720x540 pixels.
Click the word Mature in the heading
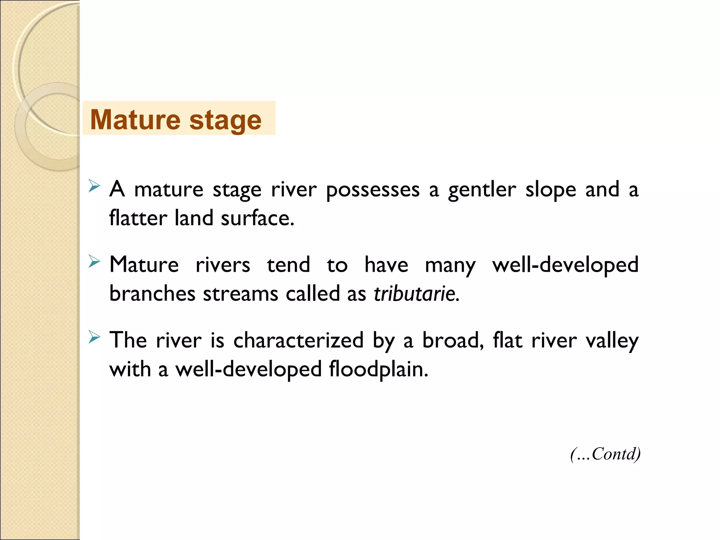click(135, 120)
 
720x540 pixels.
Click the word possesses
click(373, 190)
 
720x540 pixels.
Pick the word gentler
click(482, 190)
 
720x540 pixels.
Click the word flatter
click(138, 218)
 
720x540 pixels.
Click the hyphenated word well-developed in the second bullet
click(565, 265)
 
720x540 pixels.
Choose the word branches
click(152, 294)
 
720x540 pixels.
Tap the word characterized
click(298, 340)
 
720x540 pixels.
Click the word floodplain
click(379, 369)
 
